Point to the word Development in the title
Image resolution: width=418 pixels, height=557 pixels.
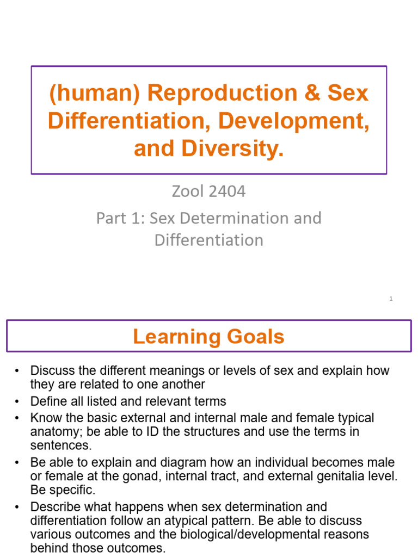coord(293,121)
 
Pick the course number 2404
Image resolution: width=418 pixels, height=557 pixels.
coord(225,191)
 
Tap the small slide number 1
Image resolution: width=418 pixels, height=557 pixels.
coord(391,299)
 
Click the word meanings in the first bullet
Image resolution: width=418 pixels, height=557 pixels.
coord(173,371)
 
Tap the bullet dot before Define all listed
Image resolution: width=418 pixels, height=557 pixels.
coord(18,401)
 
